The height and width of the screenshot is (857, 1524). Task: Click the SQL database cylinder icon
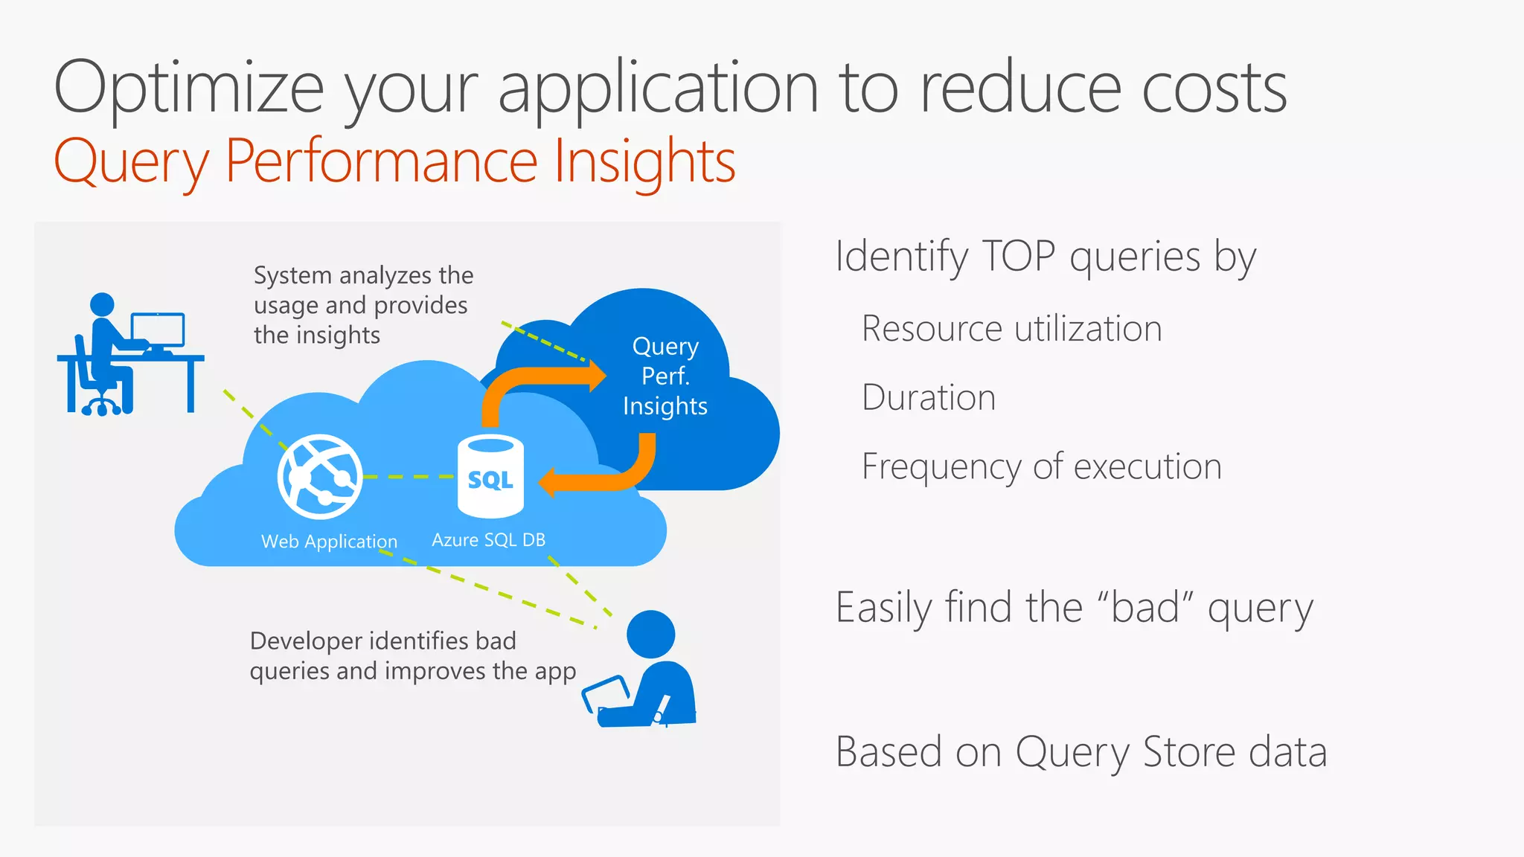click(x=490, y=477)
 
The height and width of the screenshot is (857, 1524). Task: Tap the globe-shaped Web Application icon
click(x=320, y=477)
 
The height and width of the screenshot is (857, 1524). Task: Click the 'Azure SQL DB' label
click(x=489, y=540)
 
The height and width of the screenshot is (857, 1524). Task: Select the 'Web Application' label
click(x=329, y=542)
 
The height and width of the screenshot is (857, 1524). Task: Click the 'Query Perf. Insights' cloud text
click(x=665, y=376)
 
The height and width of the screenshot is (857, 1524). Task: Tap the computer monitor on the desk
click(x=158, y=330)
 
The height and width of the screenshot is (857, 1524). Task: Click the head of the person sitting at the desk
click(x=102, y=304)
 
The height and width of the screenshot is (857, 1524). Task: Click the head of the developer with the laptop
click(x=651, y=635)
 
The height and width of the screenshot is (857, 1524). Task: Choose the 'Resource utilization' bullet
click(x=1011, y=329)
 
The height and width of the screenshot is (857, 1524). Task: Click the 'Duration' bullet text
click(x=928, y=397)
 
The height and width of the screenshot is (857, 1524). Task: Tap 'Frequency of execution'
click(x=1041, y=466)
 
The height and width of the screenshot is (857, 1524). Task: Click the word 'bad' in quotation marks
click(x=1146, y=607)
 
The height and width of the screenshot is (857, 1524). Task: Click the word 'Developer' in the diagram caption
click(x=307, y=641)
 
